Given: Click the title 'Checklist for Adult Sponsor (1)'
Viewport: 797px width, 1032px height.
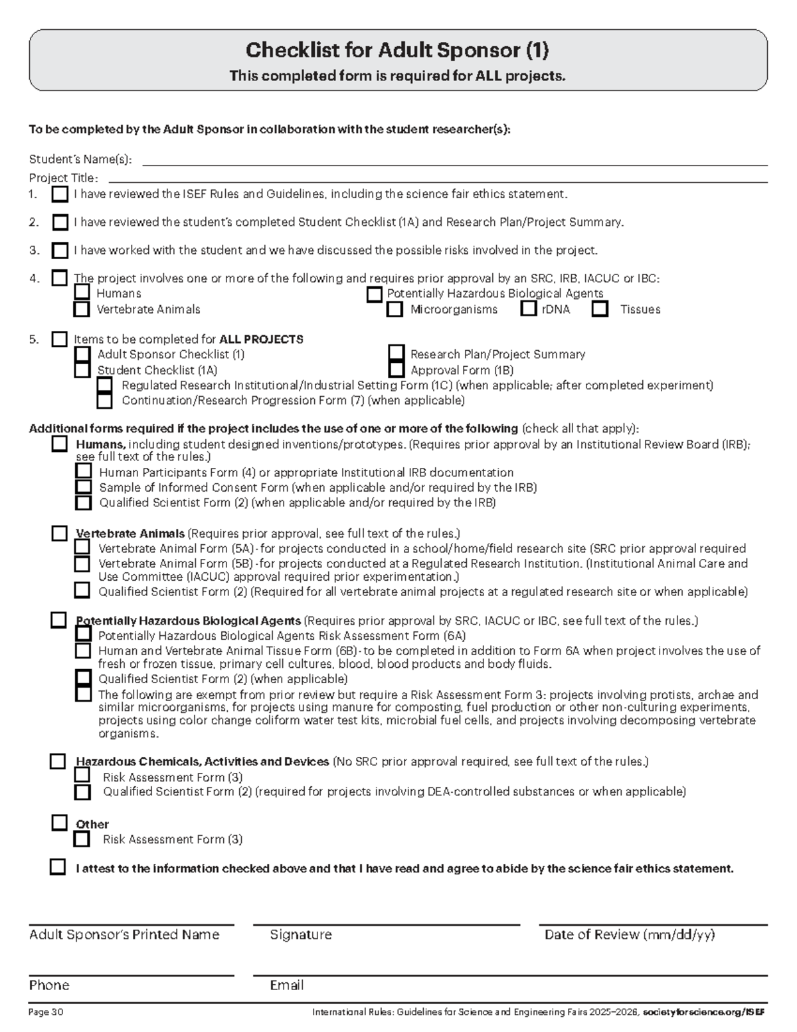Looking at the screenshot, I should pos(397,51).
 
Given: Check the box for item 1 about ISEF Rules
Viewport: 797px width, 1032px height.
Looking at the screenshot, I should pos(60,195).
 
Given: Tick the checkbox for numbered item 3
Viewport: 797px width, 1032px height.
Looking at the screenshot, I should pos(60,251).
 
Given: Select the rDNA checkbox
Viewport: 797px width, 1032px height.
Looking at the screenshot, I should pos(529,308).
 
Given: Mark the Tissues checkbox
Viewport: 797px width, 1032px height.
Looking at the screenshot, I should pos(600,309).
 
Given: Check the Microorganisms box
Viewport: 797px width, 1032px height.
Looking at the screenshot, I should pos(395,309).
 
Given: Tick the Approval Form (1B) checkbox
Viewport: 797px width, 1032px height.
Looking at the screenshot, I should pos(397,369).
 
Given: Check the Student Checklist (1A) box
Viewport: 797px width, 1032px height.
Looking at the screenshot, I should pos(82,369).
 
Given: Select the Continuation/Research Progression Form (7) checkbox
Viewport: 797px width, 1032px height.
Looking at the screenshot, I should pos(104,400).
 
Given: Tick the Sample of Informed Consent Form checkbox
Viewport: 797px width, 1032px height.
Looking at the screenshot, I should pos(83,487).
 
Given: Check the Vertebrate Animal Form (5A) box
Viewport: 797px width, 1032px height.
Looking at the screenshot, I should pos(82,548).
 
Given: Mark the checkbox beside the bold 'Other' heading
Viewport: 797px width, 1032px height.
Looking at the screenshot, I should pos(60,823).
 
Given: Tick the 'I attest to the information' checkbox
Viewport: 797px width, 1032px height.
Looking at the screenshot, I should pos(58,867).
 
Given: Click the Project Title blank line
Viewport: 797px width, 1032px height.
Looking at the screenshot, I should pos(437,177).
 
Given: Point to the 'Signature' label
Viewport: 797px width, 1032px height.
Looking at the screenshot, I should pos(300,935).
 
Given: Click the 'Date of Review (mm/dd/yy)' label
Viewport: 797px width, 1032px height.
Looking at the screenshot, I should pos(629,935).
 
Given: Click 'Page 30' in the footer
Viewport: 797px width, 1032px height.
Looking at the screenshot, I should pos(46,1013).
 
